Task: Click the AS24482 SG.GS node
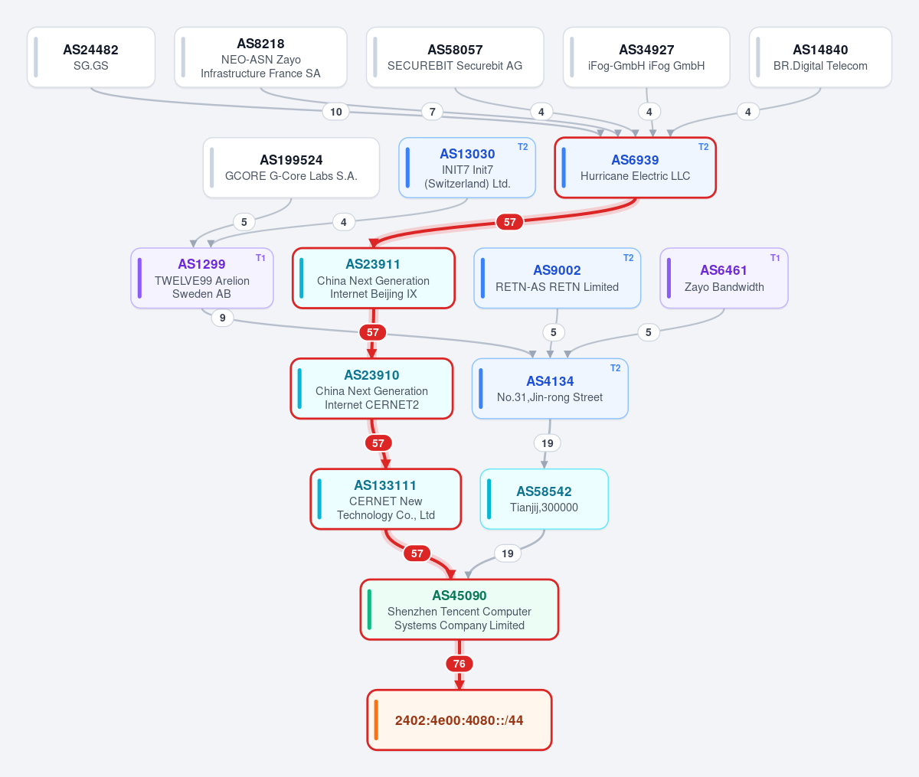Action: [x=90, y=57]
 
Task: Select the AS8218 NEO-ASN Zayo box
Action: [x=260, y=57]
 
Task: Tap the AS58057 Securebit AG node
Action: [x=455, y=57]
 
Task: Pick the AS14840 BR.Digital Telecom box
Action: [x=820, y=57]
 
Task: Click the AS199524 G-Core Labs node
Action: [x=291, y=168]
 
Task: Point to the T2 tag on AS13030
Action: [x=523, y=147]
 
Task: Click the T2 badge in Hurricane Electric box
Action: [x=703, y=147]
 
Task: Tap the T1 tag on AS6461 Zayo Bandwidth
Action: [x=775, y=258]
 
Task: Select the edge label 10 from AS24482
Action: [x=335, y=112]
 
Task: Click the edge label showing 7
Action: [x=432, y=112]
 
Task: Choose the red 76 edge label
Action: [x=459, y=664]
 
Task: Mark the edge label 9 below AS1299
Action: [x=222, y=318]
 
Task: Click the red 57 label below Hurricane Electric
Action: [x=509, y=222]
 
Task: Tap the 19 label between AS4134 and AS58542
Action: [x=548, y=443]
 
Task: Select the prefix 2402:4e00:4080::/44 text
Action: [x=459, y=720]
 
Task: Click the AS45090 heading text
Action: [x=459, y=596]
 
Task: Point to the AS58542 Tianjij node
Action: [x=545, y=499]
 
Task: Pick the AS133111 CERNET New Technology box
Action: [x=385, y=499]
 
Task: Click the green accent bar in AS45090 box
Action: [x=369, y=609]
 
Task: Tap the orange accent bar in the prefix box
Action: [x=376, y=720]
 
